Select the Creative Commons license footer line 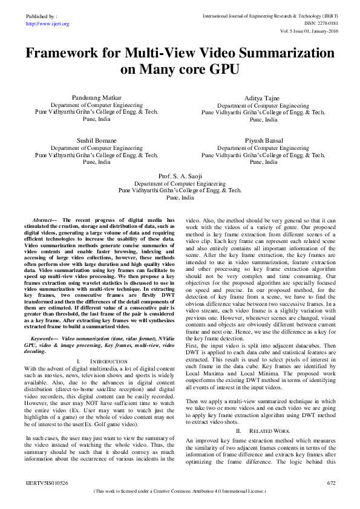(180, 492)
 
